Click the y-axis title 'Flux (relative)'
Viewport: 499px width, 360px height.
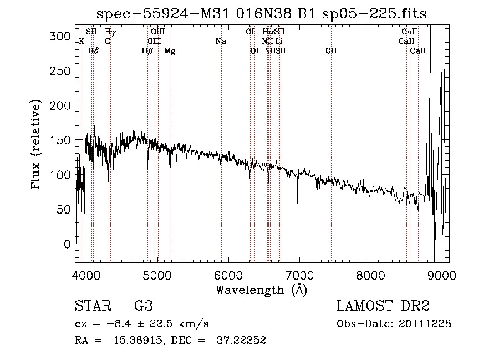click(37, 145)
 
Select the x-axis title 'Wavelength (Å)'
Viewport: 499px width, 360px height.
click(261, 290)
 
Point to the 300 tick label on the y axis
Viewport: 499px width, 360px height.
click(61, 37)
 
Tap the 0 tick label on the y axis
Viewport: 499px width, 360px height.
click(67, 245)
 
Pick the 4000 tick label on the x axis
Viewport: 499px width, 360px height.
click(85, 275)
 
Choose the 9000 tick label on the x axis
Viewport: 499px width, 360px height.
click(442, 275)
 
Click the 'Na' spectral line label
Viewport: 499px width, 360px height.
click(221, 42)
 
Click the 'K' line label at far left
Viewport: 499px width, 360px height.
click(82, 42)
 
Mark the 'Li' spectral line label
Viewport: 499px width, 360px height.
click(279, 42)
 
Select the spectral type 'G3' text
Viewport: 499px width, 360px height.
click(143, 306)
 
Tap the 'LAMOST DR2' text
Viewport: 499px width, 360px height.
click(383, 306)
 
